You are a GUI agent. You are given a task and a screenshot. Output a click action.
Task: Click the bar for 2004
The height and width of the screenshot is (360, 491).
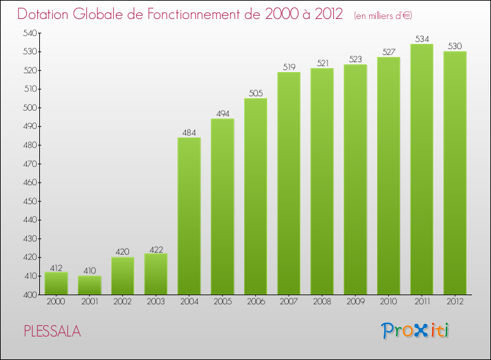(x=189, y=216)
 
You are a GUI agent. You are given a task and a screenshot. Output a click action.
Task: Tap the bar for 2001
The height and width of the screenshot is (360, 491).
(x=90, y=285)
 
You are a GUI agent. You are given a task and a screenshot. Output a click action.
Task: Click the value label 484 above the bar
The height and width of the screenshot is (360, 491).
(x=189, y=133)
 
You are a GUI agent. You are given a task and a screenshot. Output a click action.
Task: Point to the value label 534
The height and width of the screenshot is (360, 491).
(x=422, y=39)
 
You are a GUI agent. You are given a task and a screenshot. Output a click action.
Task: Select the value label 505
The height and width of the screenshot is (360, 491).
(x=255, y=93)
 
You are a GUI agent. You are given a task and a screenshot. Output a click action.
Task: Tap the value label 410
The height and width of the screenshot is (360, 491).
(x=90, y=271)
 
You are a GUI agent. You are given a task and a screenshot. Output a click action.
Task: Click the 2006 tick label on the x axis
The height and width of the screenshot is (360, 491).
(x=255, y=302)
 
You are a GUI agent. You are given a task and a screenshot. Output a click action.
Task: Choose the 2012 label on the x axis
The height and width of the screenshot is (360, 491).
(x=455, y=302)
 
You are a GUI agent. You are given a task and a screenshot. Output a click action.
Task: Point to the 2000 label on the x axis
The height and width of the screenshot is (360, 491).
(x=56, y=302)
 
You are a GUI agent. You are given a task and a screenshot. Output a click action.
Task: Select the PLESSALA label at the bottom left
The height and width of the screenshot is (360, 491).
(x=52, y=331)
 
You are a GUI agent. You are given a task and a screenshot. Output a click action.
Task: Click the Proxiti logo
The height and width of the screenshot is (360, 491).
(x=415, y=331)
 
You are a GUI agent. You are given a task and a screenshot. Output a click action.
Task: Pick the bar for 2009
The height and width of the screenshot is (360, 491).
(x=355, y=179)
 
